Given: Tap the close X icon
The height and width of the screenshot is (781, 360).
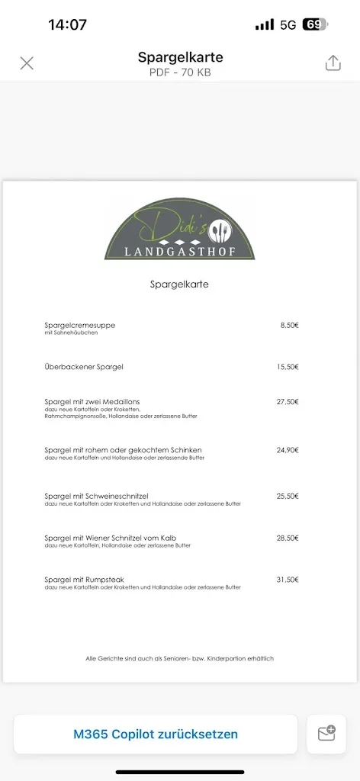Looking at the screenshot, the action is (x=27, y=63).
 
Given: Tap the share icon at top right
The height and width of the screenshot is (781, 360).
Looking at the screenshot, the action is (x=333, y=63).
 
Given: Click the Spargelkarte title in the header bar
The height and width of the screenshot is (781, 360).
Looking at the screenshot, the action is (x=180, y=57).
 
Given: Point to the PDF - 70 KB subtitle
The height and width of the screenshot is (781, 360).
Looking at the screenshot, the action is (x=180, y=72).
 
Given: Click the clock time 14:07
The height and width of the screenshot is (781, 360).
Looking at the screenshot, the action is (x=67, y=24).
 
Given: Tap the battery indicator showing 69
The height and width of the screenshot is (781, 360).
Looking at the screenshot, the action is (x=314, y=24).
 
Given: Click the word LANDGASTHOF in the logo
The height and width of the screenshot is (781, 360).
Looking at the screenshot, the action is (x=180, y=251).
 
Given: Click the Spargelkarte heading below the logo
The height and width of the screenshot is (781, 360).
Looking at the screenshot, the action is (x=179, y=284).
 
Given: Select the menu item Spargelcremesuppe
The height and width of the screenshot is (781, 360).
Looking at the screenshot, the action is (x=80, y=325).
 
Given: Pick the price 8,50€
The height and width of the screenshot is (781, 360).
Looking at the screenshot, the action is (x=289, y=325).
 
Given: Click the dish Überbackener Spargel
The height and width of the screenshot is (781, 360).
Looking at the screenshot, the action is (x=84, y=367).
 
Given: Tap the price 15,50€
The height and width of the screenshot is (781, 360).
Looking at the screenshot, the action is (x=288, y=367).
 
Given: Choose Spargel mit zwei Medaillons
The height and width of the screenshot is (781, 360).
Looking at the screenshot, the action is (x=92, y=401).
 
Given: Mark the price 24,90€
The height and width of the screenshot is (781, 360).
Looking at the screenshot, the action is (x=288, y=450).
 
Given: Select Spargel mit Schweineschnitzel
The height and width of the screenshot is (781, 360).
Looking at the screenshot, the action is (x=96, y=496).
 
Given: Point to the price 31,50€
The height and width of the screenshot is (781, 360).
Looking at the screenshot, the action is (x=288, y=580).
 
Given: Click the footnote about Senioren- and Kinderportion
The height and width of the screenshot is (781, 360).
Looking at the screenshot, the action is (x=179, y=658).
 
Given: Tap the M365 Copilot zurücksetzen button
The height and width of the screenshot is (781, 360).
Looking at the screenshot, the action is (x=156, y=734).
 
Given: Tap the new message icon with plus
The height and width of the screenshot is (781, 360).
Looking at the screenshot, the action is (x=326, y=734).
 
